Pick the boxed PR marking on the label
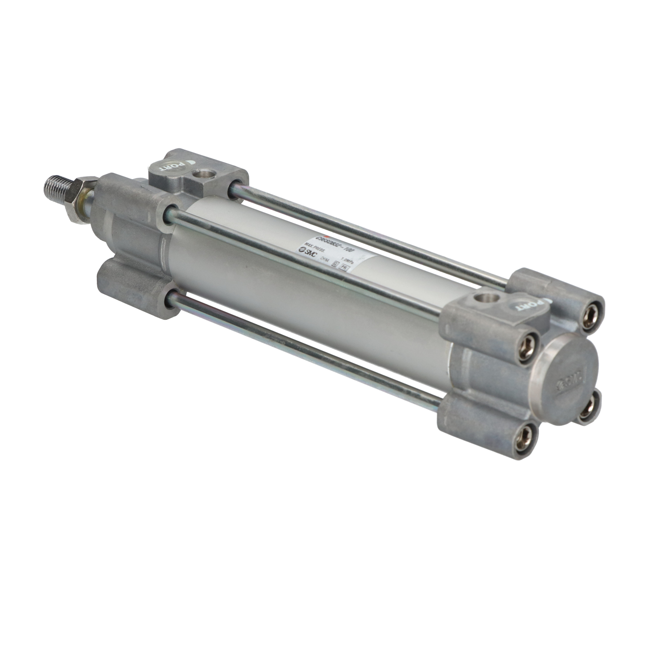[345, 267]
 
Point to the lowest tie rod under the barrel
[303, 355]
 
